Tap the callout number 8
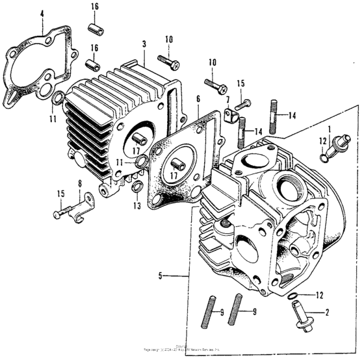tap(79, 184)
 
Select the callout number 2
tap(326, 313)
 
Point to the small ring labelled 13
tap(137, 188)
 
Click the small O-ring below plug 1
tap(324, 157)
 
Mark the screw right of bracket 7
tap(243, 105)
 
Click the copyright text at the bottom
tap(182, 352)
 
